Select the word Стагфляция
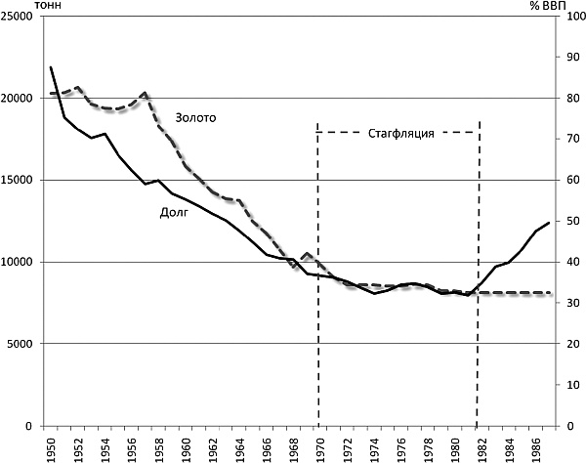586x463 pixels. pos(399,132)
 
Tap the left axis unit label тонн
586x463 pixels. pos(20,6)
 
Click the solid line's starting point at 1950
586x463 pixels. pos(51,67)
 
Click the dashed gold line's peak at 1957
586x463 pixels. pos(145,93)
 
